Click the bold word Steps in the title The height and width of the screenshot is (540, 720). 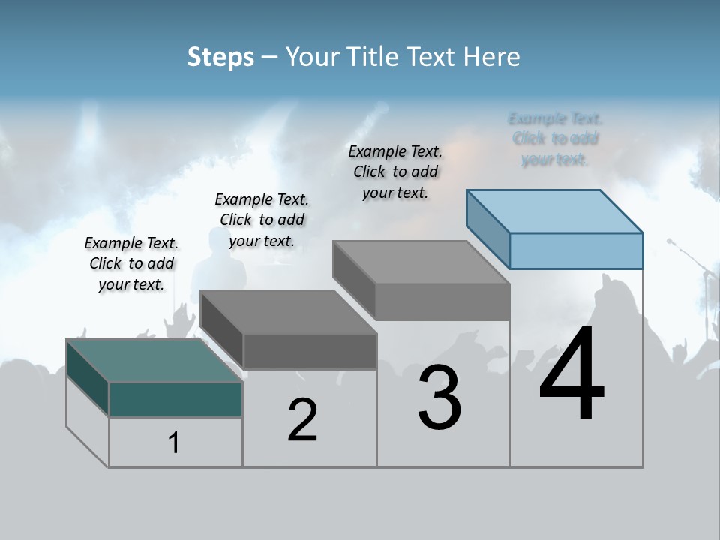tap(220, 57)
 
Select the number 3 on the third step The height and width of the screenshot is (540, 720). tap(439, 397)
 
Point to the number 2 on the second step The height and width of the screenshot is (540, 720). tap(303, 420)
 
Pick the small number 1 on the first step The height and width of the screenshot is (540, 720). tap(174, 442)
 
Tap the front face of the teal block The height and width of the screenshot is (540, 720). tap(175, 399)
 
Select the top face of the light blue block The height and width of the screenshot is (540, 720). tap(555, 211)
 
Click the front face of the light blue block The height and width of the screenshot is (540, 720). tap(576, 250)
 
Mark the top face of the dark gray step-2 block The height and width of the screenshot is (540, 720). tap(289, 311)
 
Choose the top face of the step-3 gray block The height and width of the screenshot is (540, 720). tap(421, 262)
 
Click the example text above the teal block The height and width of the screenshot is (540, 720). tap(131, 263)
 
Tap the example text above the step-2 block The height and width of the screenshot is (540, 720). tap(262, 220)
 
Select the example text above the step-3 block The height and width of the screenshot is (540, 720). tap(395, 172)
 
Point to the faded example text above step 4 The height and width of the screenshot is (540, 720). tap(555, 139)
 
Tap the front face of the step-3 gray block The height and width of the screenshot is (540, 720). tap(442, 301)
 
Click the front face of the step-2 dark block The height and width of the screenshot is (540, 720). tap(310, 351)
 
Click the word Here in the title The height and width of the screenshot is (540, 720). tap(496, 57)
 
